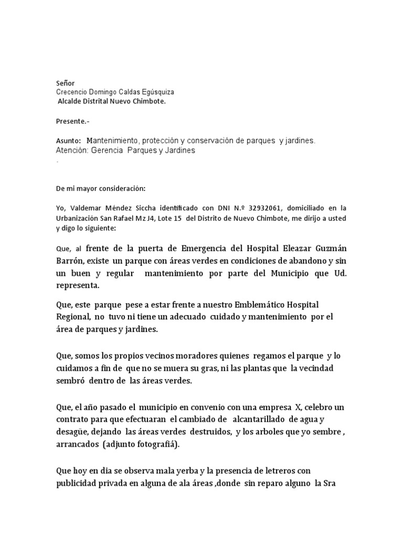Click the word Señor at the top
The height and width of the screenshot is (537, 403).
[66, 83]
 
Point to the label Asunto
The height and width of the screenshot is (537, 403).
[68, 141]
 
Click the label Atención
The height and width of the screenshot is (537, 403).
[72, 151]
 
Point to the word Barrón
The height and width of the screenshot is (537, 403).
[71, 261]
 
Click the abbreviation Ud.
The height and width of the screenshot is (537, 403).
[340, 273]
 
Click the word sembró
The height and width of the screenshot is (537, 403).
[71, 381]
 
